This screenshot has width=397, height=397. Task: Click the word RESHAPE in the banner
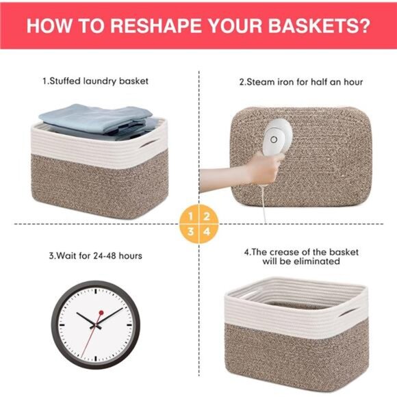point(155,25)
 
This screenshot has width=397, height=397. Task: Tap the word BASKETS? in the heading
point(319,25)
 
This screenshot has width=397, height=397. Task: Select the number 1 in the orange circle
point(191,216)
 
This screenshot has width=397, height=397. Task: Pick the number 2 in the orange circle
point(207,216)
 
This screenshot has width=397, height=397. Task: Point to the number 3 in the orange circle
point(191,231)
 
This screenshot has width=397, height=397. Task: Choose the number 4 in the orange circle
point(207,231)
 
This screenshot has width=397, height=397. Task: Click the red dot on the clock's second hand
point(101,313)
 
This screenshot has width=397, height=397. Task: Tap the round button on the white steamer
point(274,139)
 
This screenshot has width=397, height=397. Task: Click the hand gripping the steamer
point(266,168)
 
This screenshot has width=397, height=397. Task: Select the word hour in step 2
point(353,82)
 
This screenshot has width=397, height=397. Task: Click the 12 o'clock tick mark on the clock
point(96,292)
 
